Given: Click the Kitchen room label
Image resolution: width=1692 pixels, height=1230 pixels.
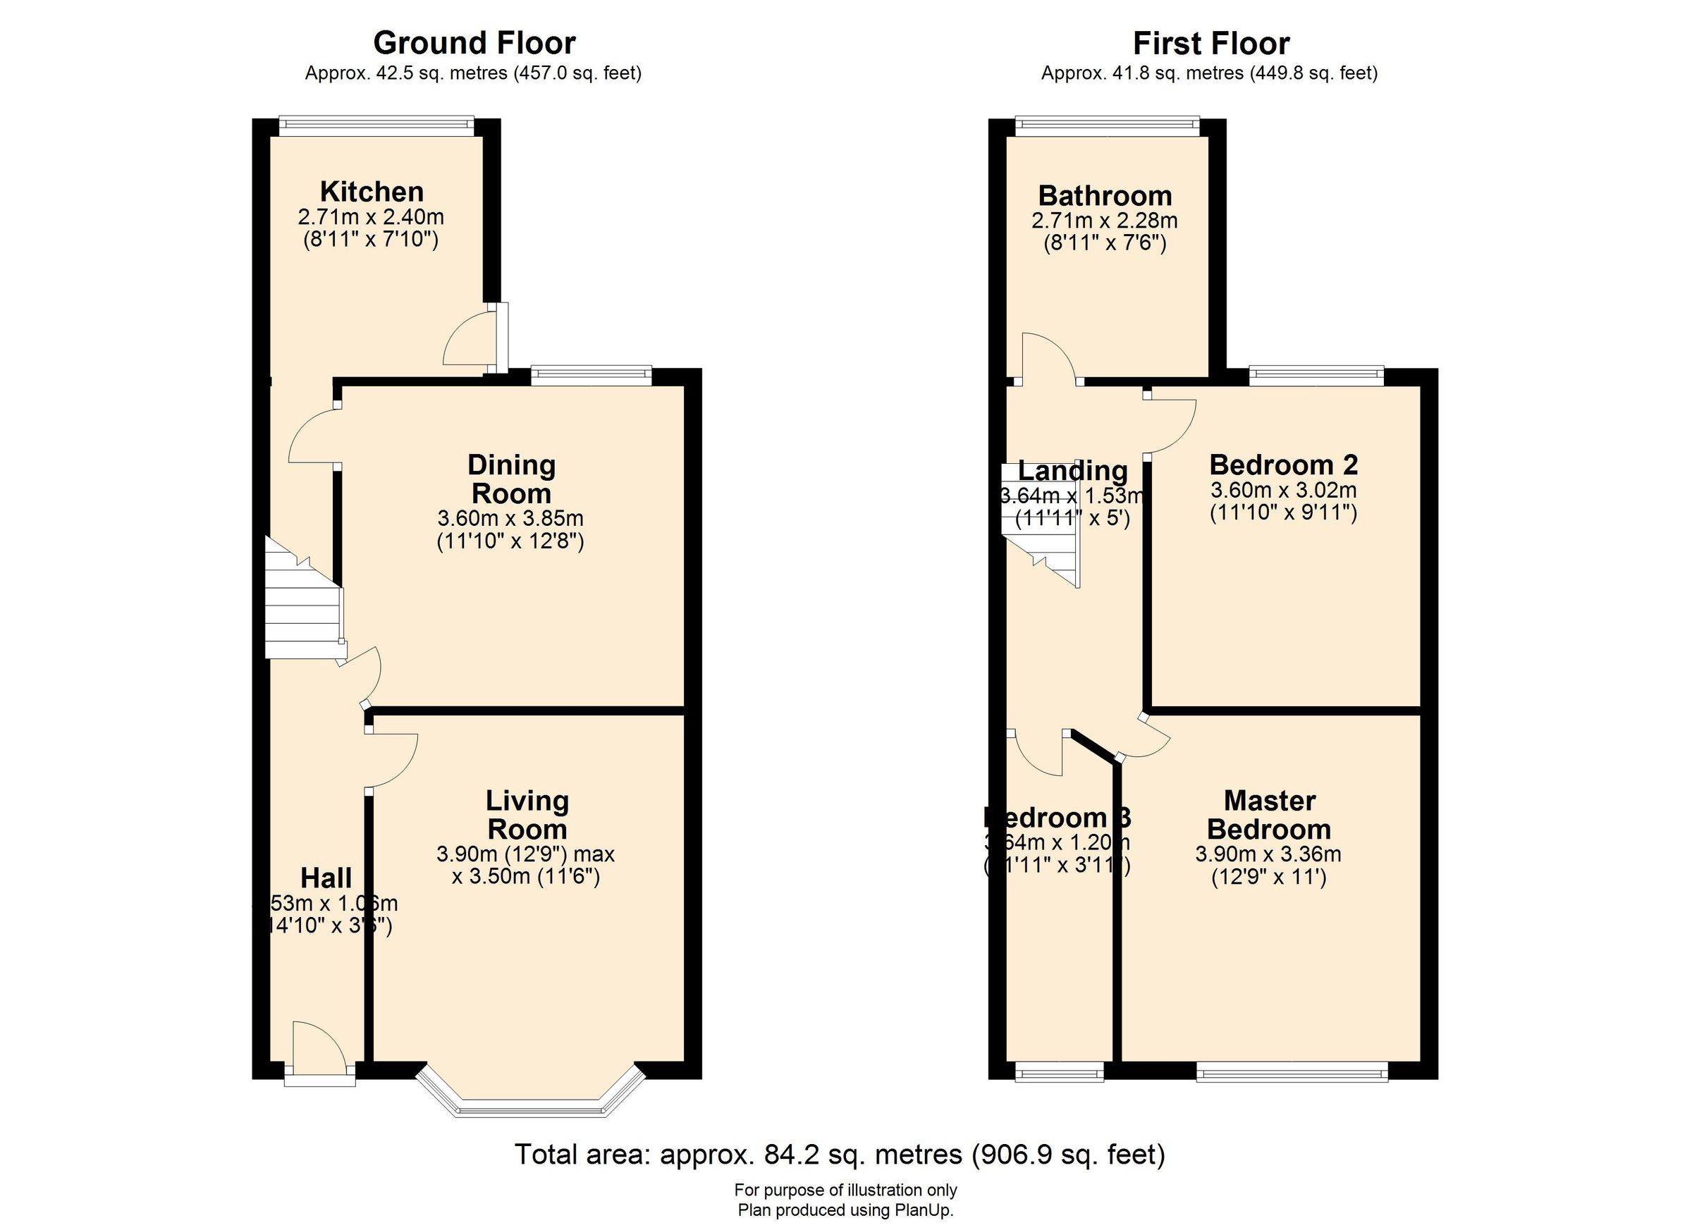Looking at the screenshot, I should [372, 192].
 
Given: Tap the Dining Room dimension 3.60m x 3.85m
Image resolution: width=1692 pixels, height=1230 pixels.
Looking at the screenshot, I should [510, 517].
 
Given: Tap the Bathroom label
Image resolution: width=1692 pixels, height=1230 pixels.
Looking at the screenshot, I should [1105, 196].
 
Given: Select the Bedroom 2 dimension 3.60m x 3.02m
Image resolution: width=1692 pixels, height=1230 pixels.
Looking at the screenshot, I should [1283, 490].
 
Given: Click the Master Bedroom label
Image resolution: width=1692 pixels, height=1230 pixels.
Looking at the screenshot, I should [1269, 815].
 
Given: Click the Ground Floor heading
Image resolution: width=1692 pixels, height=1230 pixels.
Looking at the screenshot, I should [474, 43].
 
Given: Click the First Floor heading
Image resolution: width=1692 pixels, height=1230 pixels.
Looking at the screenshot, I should [1210, 43].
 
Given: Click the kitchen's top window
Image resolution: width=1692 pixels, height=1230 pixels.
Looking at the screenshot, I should [376, 125].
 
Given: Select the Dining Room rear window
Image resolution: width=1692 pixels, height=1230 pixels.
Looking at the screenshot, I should [591, 375].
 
